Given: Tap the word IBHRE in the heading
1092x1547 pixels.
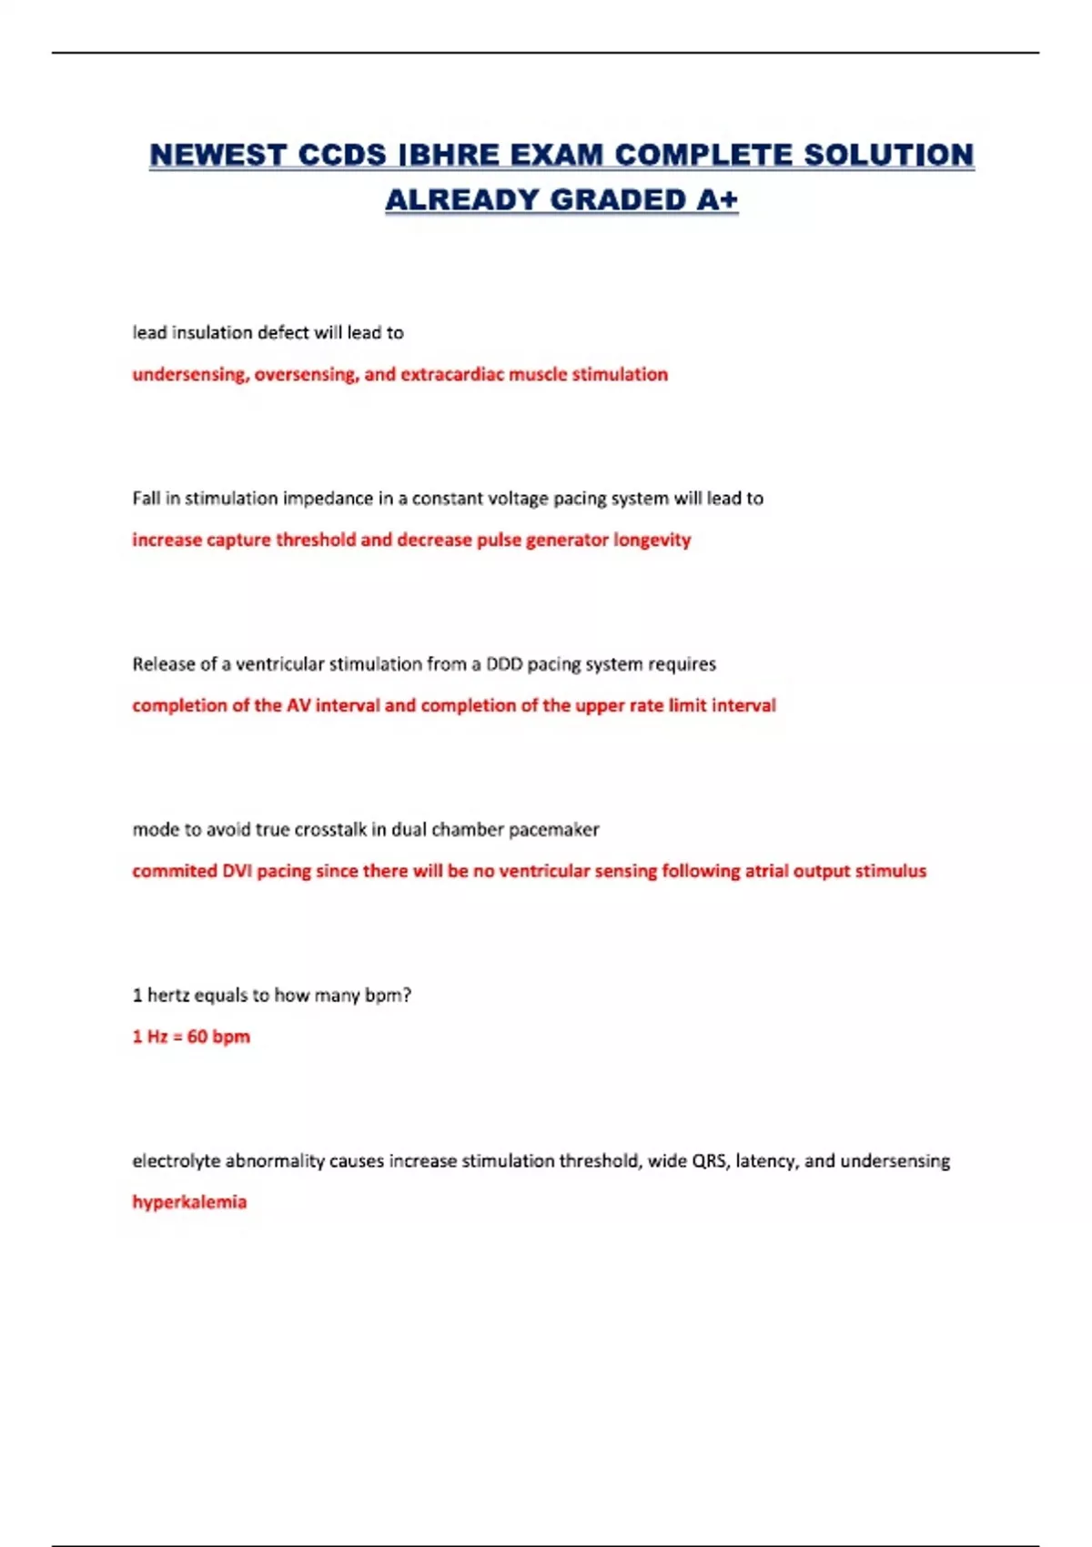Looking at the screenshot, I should [450, 155].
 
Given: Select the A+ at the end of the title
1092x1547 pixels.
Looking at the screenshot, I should [717, 199].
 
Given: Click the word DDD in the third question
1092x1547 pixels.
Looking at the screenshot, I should [504, 663].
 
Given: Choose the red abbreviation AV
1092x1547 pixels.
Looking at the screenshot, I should [298, 705].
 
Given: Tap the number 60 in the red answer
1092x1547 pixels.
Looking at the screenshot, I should [197, 1036].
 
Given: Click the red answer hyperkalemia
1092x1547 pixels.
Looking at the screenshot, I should [189, 1202].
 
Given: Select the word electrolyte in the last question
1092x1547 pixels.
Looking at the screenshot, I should [177, 1160].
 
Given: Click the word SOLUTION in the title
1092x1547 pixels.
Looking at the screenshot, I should [887, 155].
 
